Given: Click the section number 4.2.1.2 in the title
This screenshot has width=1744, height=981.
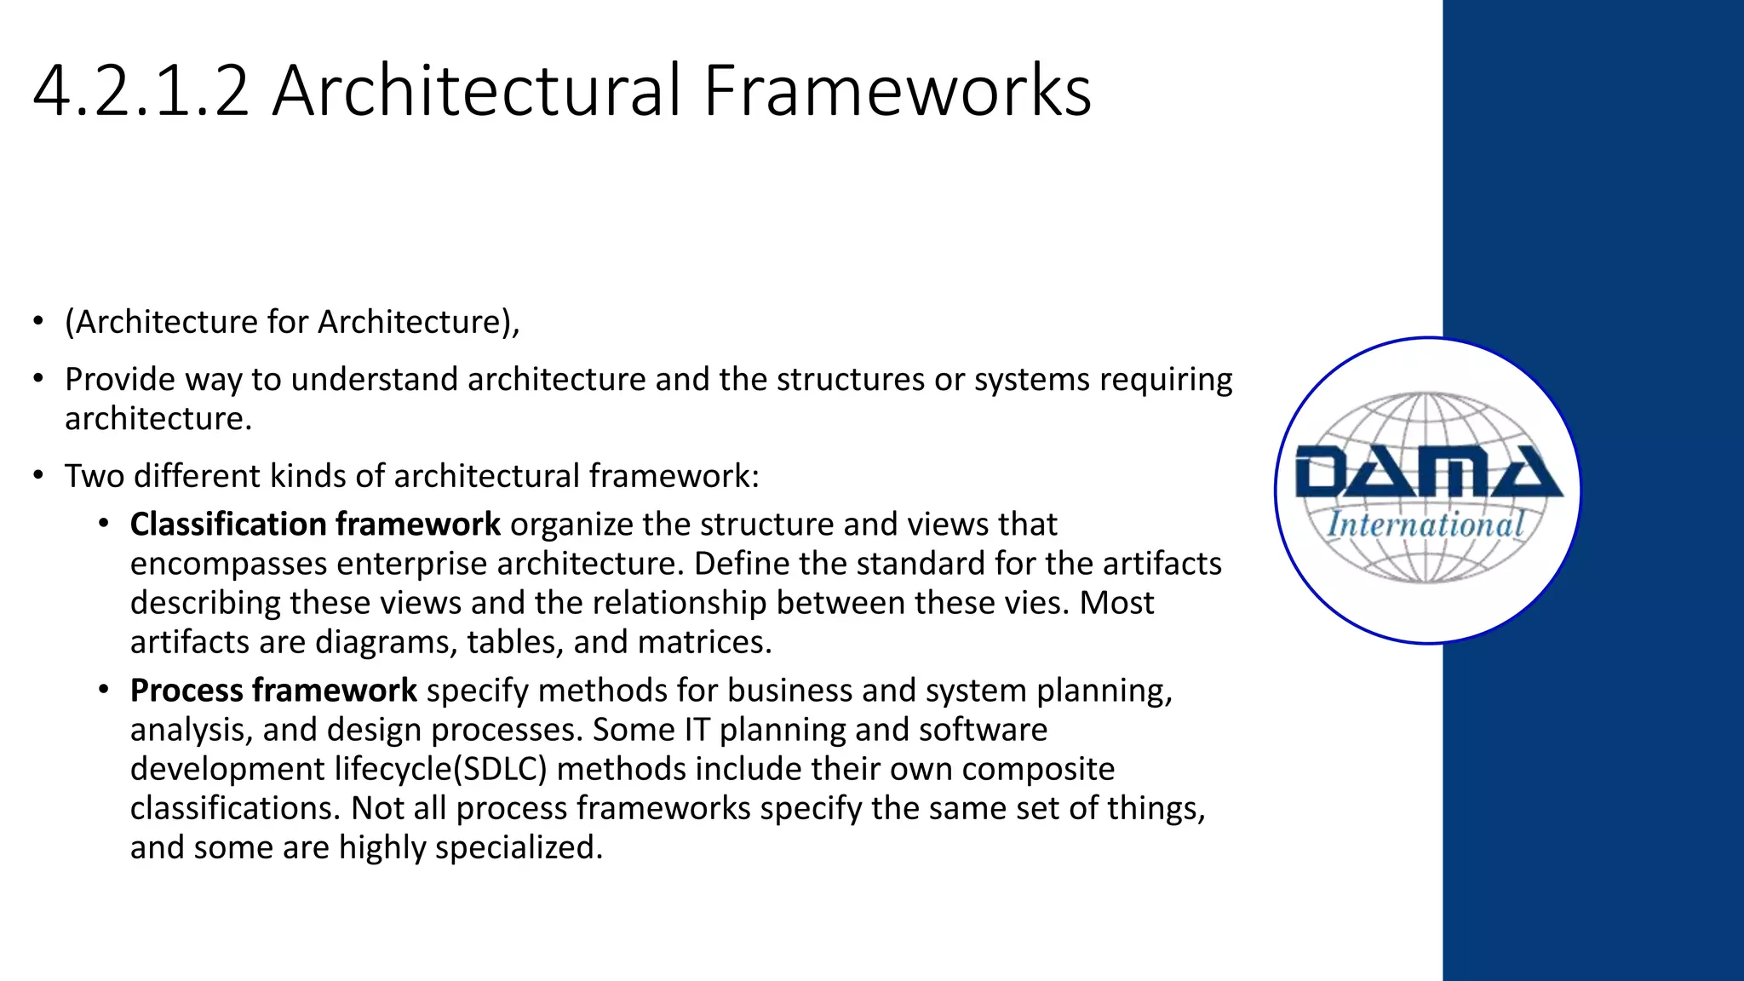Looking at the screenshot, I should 141,90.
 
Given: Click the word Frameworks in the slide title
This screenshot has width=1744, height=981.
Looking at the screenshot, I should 897,90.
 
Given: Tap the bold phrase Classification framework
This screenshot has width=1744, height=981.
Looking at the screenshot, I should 315,524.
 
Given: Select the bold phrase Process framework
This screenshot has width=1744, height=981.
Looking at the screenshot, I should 273,690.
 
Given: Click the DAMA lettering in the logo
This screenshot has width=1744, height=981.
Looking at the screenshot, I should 1428,473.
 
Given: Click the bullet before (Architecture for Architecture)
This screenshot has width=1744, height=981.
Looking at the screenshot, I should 37,322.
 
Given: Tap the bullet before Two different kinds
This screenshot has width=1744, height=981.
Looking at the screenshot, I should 37,475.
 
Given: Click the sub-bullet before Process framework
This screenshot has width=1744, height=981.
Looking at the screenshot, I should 103,690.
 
